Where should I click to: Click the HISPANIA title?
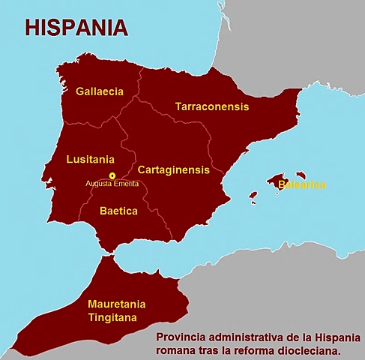click(x=76, y=28)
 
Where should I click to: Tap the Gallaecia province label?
click(x=100, y=91)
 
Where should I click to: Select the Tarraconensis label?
click(x=212, y=107)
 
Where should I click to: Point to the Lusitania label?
click(x=90, y=159)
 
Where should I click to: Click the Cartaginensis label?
click(x=174, y=170)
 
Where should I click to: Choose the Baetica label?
click(x=118, y=211)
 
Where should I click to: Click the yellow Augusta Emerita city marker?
click(x=112, y=175)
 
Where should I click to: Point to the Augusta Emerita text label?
click(x=112, y=184)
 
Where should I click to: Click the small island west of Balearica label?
click(x=253, y=196)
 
